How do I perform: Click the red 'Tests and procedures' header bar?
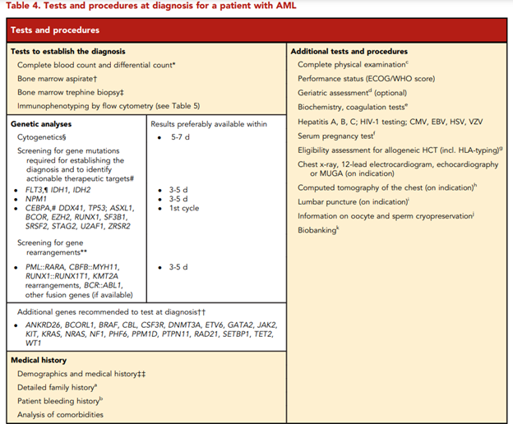[256, 30]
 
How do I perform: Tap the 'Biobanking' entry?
[319, 232]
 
